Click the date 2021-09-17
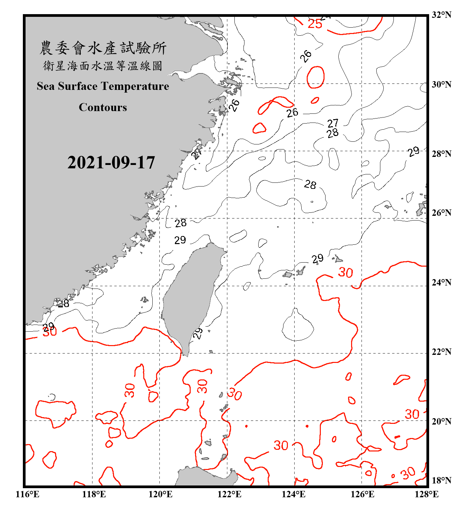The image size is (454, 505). coord(111,163)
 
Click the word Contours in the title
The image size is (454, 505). coord(103,107)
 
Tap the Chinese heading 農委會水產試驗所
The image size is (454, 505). coord(103,48)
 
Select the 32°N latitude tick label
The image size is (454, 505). coord(441,15)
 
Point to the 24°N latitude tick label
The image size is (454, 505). coord(441,282)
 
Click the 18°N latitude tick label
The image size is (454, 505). coord(441,480)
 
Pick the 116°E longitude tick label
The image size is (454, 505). coord(28,494)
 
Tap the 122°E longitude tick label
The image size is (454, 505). coord(229,494)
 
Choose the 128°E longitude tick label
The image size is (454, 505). coord(426,494)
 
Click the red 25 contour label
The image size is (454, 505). coord(315,24)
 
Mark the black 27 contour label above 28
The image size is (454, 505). coord(333,123)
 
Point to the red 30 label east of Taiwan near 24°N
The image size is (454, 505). coord(345,272)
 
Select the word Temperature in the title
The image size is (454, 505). coord(135,86)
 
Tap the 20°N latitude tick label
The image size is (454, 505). coord(441,421)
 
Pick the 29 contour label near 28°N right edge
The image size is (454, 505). coord(414,151)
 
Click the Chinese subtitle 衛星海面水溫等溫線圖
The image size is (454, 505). coord(103,66)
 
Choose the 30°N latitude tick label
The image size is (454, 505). coord(441,84)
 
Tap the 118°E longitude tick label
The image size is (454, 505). coord(94,494)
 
